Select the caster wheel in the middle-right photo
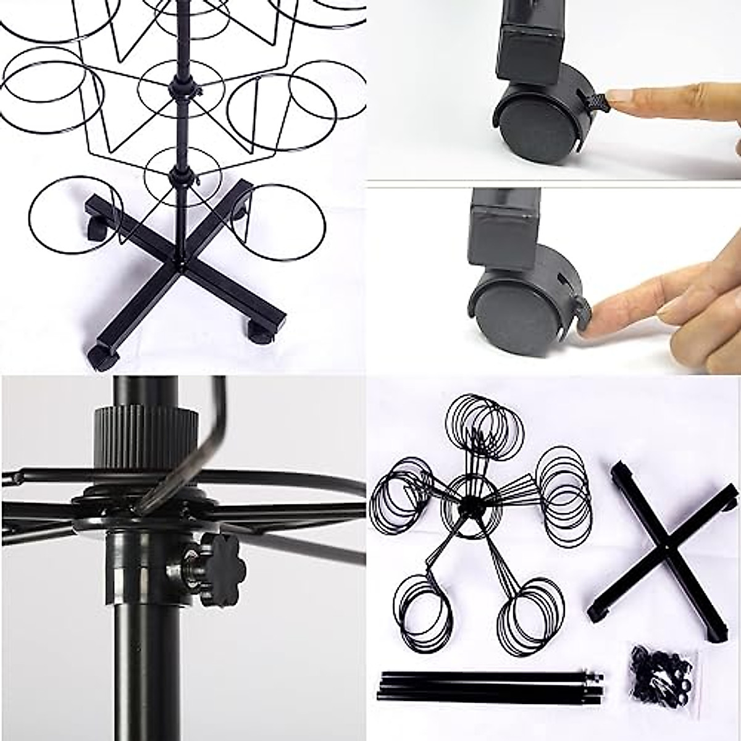(516, 312)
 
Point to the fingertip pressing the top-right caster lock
(617, 98)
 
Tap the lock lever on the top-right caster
(593, 99)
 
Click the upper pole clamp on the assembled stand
(184, 88)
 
